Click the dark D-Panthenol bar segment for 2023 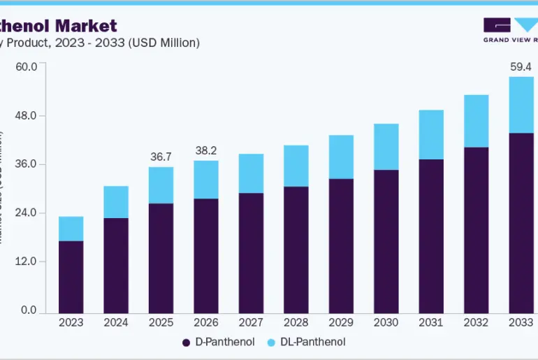coord(71,277)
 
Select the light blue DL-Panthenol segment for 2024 coord(116,202)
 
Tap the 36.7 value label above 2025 coord(161,157)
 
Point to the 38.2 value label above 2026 coord(206,150)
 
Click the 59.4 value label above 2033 coord(521,68)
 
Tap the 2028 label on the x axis coord(296,323)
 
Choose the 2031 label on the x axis coord(431,323)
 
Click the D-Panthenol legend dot coord(186,343)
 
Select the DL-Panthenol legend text coord(314,343)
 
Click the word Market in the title coord(86,26)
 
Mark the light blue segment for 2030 coord(386,147)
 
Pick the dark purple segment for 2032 coord(477,230)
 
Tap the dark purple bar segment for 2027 coord(251,253)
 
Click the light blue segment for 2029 coord(341,157)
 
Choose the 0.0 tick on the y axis coord(29,310)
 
